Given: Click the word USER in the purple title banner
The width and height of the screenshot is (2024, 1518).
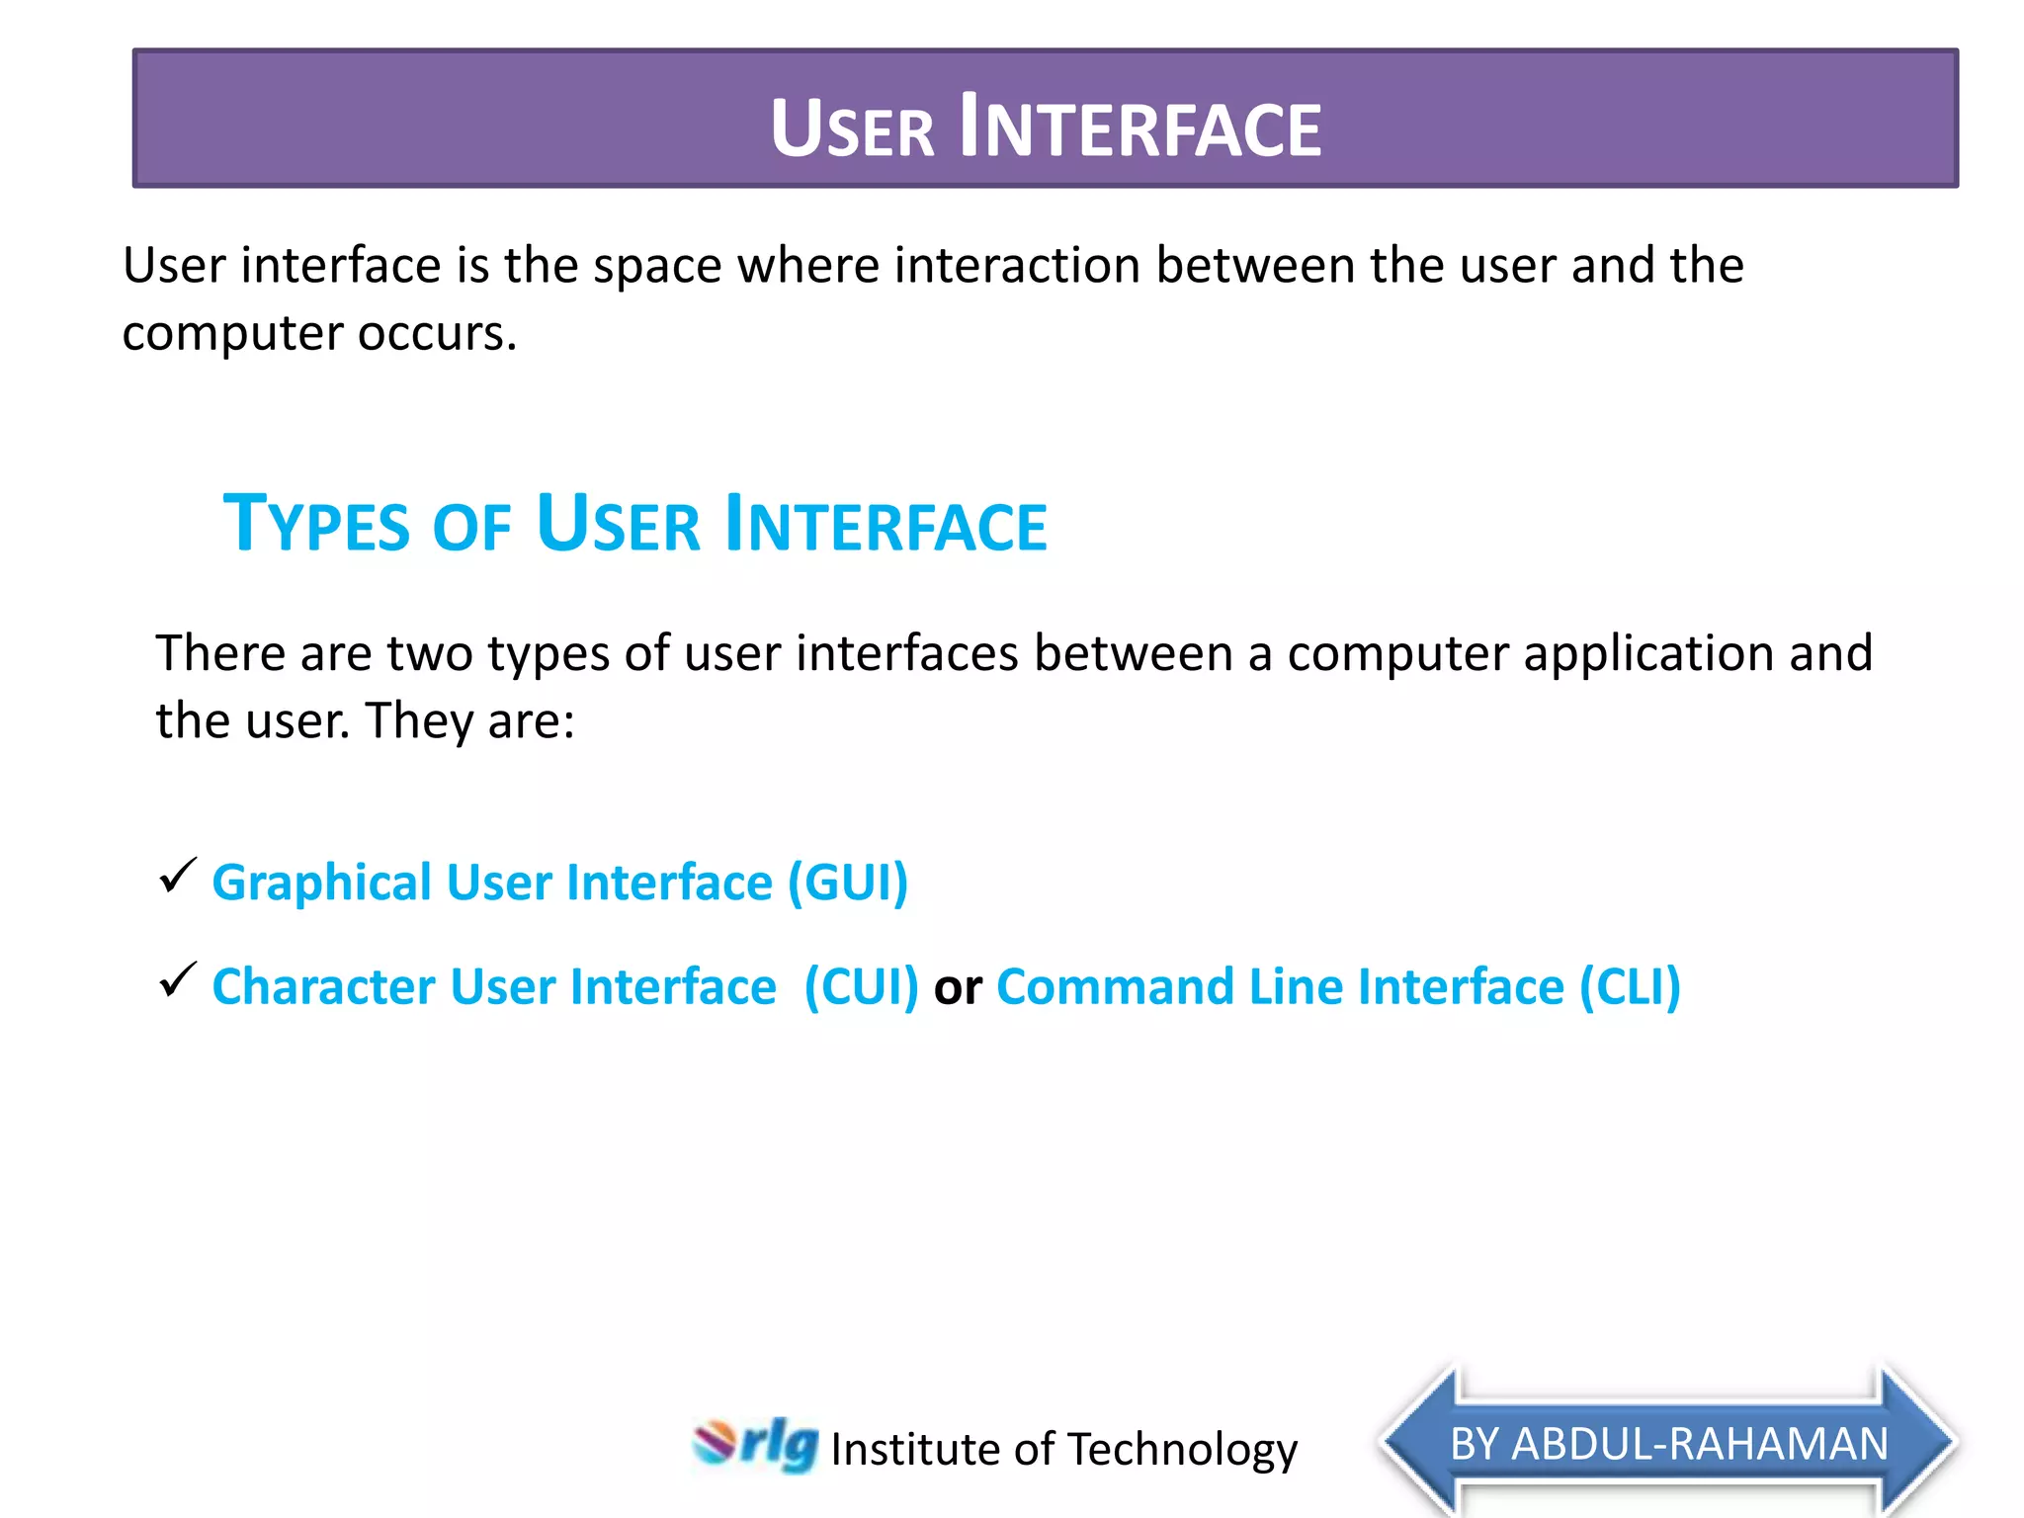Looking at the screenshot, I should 852,128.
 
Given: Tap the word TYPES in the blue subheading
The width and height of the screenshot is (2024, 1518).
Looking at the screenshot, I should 316,524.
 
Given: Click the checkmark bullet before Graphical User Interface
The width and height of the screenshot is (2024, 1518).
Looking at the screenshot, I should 178,876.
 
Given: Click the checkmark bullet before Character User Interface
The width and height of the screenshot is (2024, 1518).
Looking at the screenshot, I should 178,980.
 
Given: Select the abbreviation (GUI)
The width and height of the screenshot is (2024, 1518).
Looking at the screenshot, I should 847,883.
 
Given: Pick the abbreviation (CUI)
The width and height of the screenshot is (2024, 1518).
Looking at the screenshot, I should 861,987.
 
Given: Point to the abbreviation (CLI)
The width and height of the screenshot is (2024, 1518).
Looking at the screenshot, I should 1630,987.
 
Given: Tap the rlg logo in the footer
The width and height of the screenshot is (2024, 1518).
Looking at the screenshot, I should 757,1445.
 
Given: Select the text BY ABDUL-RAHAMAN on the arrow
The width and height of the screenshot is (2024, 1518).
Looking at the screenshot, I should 1669,1444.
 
